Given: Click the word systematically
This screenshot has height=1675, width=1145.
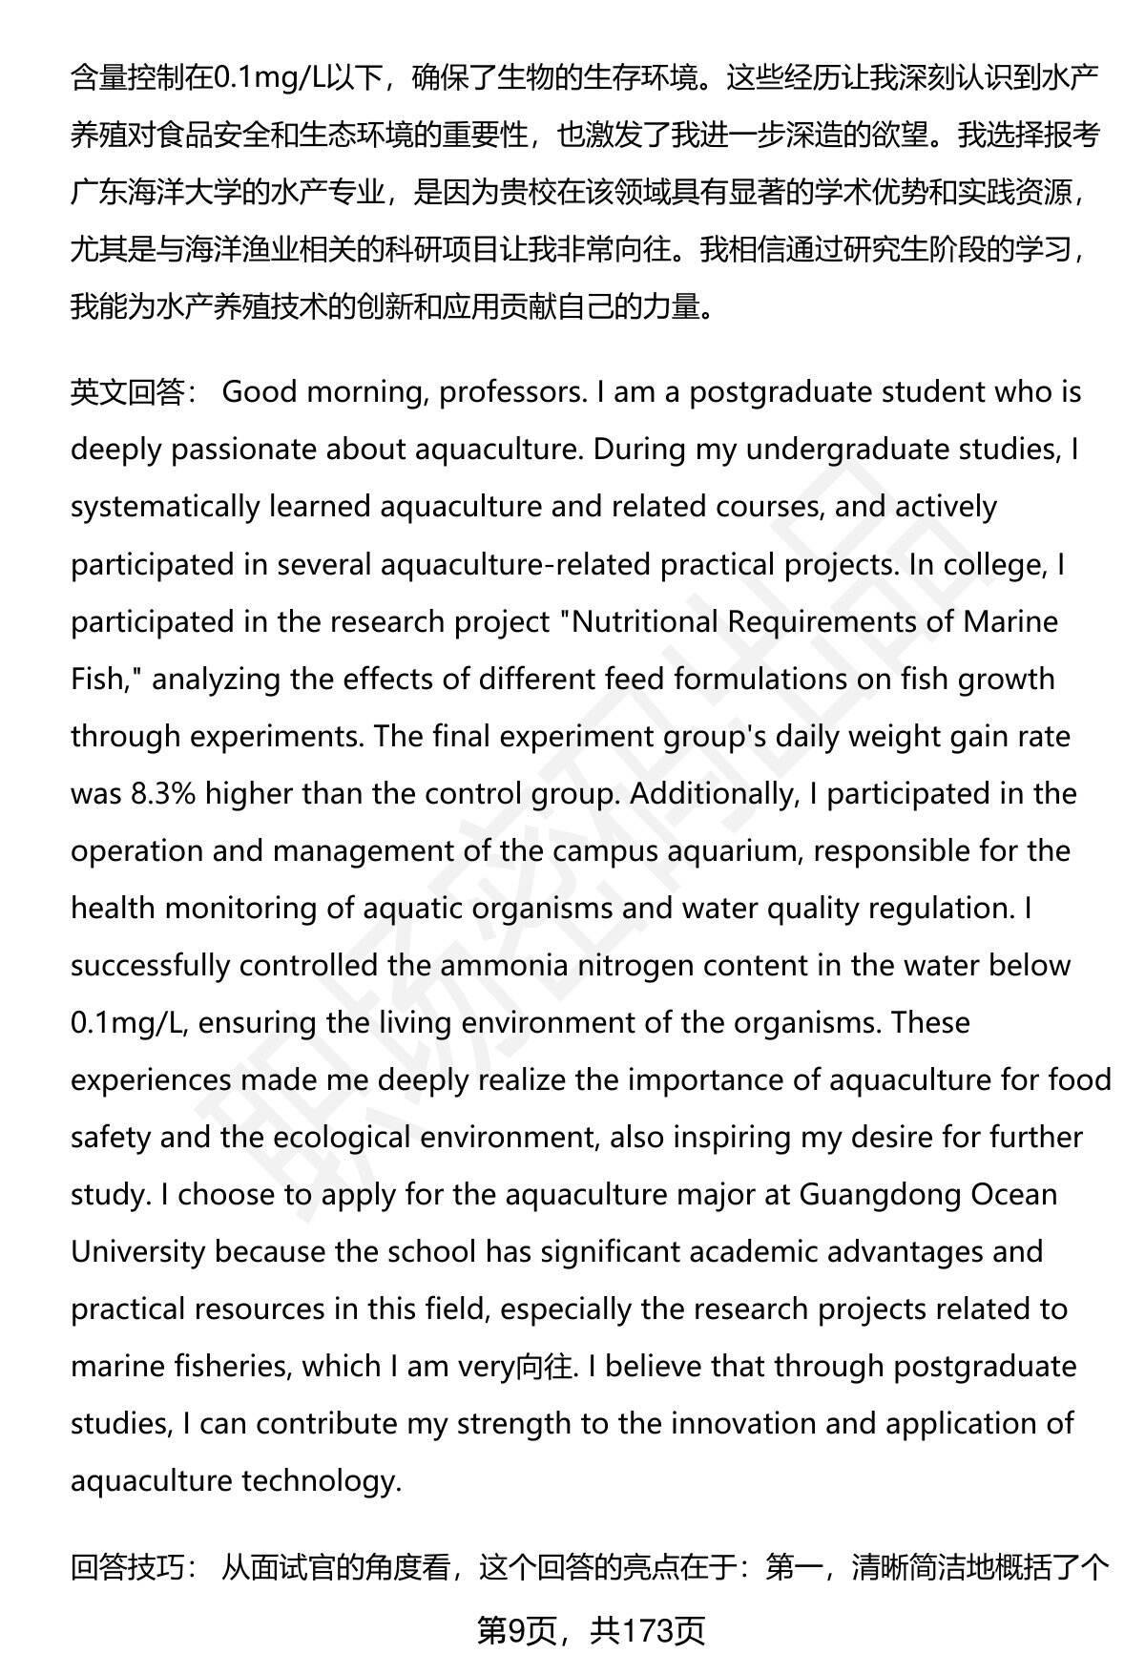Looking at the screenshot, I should point(164,507).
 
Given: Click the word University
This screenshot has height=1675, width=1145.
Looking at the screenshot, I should point(137,1251).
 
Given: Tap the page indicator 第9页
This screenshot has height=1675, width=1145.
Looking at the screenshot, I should point(515,1631).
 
